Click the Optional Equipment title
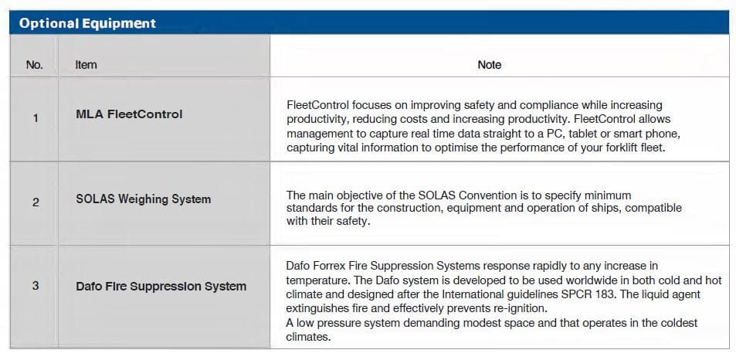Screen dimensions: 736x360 click(x=88, y=23)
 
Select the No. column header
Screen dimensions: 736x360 click(x=34, y=65)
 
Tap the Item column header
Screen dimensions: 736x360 click(x=86, y=65)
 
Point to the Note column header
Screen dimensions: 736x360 click(x=489, y=65)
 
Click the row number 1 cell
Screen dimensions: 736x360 click(x=36, y=118)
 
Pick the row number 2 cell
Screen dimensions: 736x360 click(x=36, y=202)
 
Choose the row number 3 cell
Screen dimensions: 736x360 click(x=36, y=285)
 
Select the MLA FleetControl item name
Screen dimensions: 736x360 click(x=129, y=114)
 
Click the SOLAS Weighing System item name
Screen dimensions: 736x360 click(x=143, y=199)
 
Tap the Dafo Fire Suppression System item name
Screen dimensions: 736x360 click(x=161, y=287)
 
